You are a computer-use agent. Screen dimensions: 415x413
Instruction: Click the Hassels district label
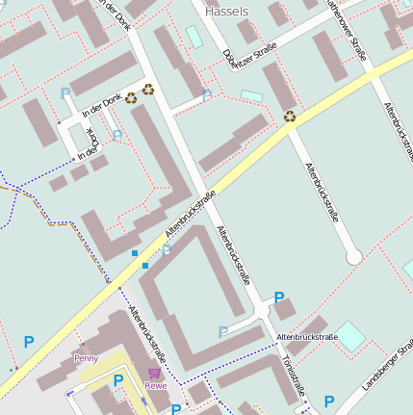click(227, 12)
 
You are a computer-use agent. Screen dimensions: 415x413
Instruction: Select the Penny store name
click(86, 358)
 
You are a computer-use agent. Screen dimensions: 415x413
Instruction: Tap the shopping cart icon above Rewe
click(154, 372)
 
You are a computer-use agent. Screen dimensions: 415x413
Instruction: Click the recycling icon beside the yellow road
click(290, 117)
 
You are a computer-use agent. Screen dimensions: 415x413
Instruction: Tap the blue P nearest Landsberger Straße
click(329, 402)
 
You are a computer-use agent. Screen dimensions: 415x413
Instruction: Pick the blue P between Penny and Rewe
click(117, 380)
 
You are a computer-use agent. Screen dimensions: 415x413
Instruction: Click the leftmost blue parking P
click(29, 342)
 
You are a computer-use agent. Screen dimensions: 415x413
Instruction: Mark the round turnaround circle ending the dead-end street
click(354, 257)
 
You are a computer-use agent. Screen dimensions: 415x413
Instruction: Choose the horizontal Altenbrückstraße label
click(306, 337)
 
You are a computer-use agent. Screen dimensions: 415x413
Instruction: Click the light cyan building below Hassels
click(194, 37)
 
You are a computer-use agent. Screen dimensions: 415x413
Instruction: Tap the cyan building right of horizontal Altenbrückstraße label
click(350, 336)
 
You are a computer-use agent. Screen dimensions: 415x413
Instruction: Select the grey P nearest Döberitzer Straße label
click(207, 95)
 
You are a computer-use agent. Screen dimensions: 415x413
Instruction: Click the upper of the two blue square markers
click(134, 252)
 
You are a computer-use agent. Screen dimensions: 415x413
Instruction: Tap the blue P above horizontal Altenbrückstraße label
click(279, 298)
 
